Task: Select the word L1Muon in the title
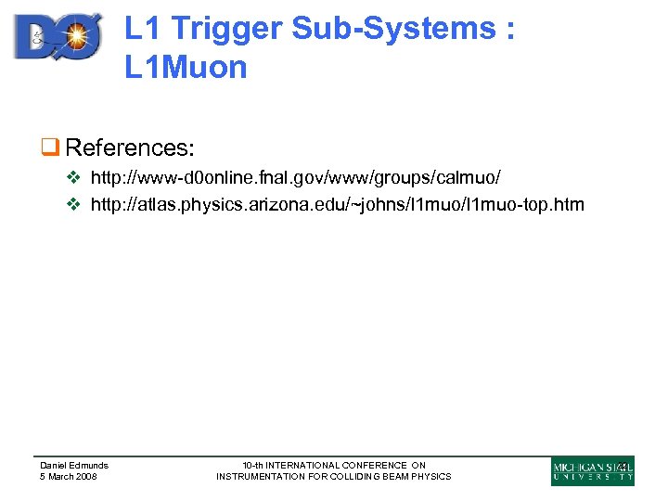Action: coord(186,67)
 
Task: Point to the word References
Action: coord(129,148)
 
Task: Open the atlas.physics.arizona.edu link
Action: coord(337,204)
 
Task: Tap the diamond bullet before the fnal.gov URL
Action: coord(77,176)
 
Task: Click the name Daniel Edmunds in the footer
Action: coord(73,465)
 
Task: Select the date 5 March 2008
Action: coord(68,476)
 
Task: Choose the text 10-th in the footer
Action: coord(252,465)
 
